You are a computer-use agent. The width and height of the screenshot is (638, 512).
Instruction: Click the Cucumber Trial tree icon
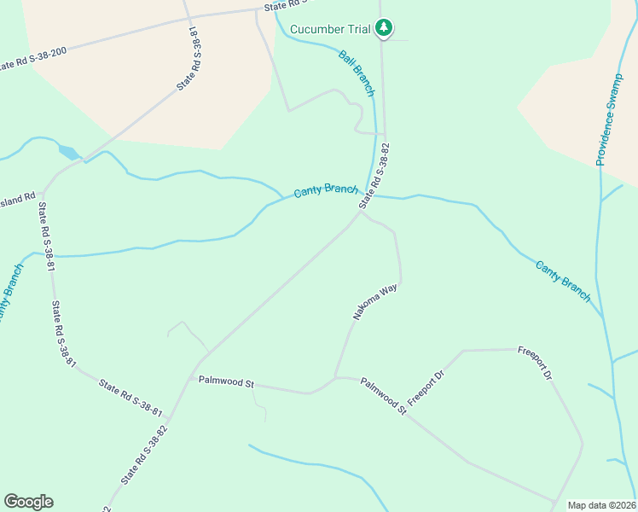click(x=385, y=29)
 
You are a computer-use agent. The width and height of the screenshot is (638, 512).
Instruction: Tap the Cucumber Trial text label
click(x=330, y=30)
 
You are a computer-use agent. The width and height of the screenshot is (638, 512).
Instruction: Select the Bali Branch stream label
click(x=357, y=73)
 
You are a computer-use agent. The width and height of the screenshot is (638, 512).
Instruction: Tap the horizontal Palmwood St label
click(x=227, y=381)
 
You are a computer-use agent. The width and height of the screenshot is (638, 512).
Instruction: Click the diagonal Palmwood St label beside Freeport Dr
click(x=383, y=397)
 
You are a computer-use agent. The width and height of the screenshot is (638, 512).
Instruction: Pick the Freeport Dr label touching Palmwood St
click(x=426, y=388)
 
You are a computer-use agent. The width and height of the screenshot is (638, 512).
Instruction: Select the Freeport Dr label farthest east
click(x=536, y=363)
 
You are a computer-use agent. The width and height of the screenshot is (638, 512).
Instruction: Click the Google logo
click(x=28, y=502)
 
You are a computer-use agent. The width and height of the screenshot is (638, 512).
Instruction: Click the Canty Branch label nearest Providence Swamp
click(x=563, y=281)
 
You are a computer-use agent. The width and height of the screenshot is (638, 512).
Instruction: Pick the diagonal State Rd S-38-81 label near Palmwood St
click(x=130, y=399)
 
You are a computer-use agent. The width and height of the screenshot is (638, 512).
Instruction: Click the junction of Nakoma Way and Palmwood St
click(x=335, y=377)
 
